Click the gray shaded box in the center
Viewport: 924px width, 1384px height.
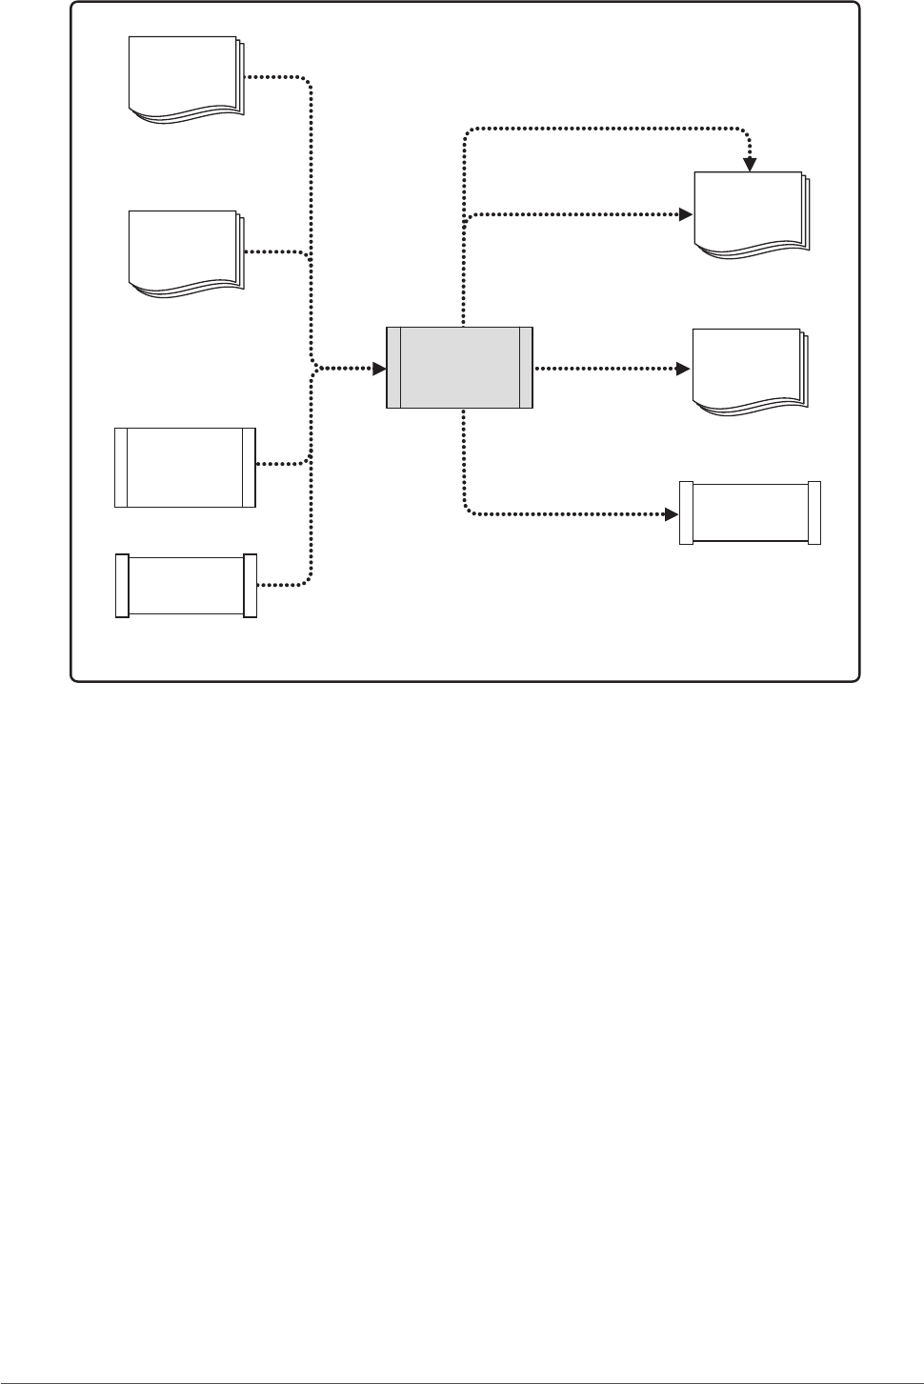459,368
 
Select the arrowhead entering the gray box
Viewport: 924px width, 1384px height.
379,368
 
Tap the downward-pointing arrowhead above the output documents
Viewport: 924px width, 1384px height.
751,164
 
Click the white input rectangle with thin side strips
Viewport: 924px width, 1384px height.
185,467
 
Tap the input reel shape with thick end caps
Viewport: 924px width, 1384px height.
186,585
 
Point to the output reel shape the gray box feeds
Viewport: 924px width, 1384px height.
750,513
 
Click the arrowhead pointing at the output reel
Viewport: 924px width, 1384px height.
671,514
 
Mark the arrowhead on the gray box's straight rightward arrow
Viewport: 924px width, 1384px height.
683,368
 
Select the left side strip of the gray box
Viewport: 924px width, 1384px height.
393,368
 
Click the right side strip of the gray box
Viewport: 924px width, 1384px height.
525,368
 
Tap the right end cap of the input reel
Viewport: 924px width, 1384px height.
251,585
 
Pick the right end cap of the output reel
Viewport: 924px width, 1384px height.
814,513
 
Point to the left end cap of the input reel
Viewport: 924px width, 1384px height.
122,585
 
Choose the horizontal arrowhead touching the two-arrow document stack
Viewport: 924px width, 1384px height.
684,214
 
